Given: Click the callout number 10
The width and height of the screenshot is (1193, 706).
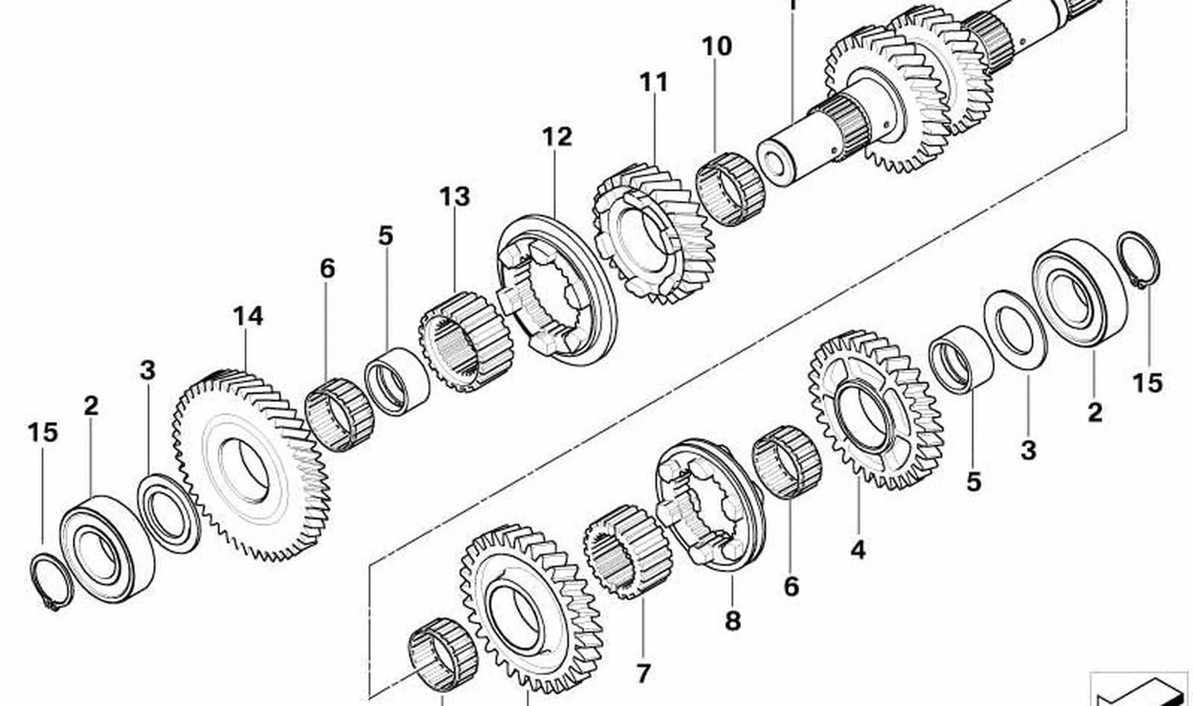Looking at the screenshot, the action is tap(717, 46).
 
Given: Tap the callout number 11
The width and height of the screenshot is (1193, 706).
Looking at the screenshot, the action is tap(653, 83).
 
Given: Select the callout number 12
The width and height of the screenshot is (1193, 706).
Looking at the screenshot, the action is tap(557, 137).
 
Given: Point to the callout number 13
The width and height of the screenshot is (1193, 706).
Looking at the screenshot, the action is tap(455, 196).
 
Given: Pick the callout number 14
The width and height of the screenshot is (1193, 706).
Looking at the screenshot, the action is tap(248, 316).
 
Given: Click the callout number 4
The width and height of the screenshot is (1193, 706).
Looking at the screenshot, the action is tap(858, 549).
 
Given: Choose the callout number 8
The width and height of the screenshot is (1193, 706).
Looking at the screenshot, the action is tap(733, 621).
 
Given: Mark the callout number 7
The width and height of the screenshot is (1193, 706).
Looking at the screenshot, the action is tap(644, 673).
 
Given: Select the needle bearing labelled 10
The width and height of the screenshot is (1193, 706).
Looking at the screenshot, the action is tap(730, 189).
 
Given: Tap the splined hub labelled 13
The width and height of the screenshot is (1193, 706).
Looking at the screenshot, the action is tap(465, 341).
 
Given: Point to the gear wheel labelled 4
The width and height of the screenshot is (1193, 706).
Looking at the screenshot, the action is tap(876, 410).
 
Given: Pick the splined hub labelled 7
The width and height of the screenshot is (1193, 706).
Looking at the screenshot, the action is tap(627, 552).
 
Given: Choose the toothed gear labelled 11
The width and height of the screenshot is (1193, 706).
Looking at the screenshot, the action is tap(653, 234).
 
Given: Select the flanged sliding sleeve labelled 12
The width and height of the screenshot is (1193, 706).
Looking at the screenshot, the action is tap(556, 290).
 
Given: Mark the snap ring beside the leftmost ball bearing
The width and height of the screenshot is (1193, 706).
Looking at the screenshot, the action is tap(51, 582).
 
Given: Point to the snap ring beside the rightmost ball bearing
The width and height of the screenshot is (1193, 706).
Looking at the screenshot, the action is tap(1139, 260).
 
